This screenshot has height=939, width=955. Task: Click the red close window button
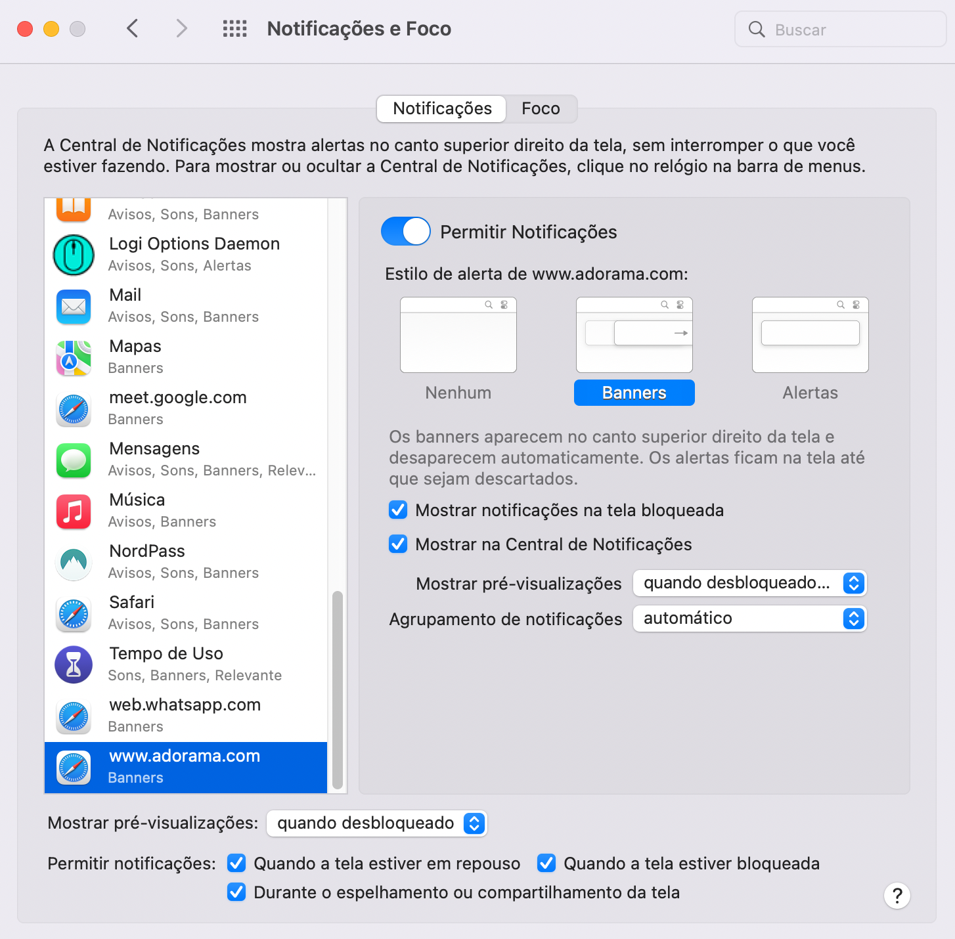(x=25, y=29)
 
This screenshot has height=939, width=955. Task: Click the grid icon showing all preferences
(x=234, y=29)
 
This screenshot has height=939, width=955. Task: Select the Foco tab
(x=541, y=108)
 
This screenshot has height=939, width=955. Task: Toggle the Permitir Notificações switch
(x=405, y=231)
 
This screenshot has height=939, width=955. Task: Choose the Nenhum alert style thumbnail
(x=458, y=335)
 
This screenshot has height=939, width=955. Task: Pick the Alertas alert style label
(x=810, y=393)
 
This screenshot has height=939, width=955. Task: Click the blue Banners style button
(x=634, y=393)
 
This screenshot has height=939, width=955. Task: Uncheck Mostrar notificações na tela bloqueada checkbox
(x=398, y=510)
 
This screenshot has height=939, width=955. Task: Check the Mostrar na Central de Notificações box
(x=398, y=544)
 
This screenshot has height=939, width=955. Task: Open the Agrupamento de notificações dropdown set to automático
(x=749, y=619)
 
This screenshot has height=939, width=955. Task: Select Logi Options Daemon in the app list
(x=186, y=254)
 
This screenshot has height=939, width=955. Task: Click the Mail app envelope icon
(x=74, y=306)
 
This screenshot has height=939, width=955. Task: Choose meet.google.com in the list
(x=186, y=408)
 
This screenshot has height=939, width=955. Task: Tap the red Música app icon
(x=74, y=511)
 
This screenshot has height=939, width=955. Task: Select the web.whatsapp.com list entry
(x=186, y=715)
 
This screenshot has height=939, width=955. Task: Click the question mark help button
(x=897, y=896)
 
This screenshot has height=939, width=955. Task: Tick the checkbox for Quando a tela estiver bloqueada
(x=546, y=863)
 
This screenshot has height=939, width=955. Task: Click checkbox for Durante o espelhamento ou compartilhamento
(x=236, y=892)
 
